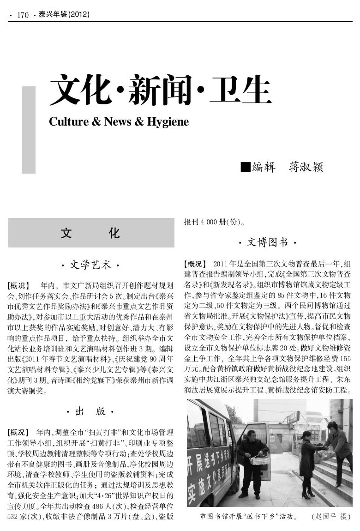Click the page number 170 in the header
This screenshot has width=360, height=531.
coord(23,15)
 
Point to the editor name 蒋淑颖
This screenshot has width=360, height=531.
coord(306,167)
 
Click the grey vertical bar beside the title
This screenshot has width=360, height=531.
coord(29,130)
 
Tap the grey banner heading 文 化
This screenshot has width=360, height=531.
coord(91,233)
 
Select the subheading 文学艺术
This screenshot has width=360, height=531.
coord(90,265)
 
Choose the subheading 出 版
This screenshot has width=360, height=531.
coord(90,411)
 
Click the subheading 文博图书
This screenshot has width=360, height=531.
coord(268,242)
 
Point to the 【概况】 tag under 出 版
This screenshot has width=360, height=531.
coord(19,433)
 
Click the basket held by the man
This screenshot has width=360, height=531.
coord(259,460)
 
